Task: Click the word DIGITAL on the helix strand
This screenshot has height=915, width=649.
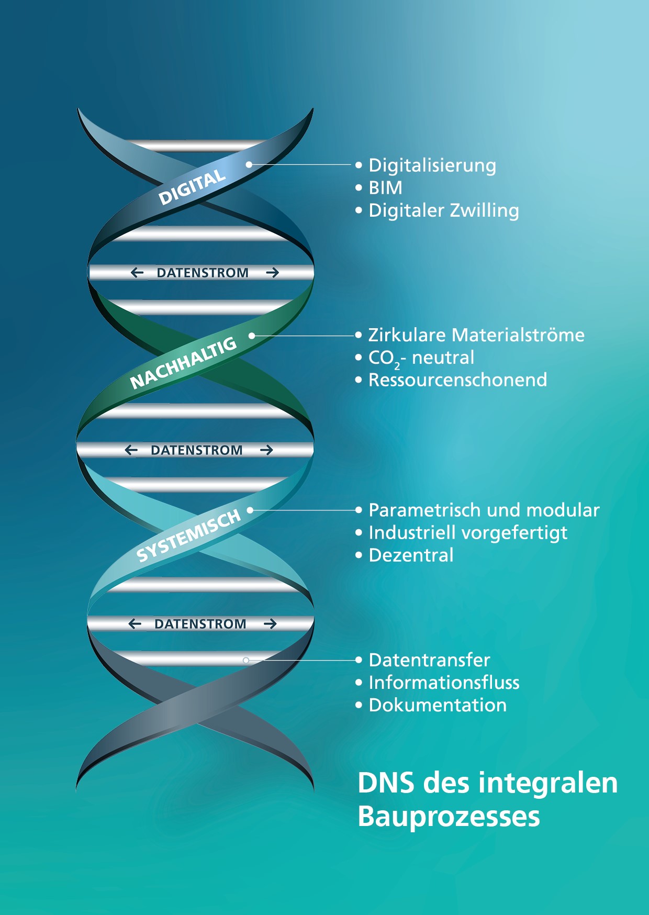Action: pos(192,187)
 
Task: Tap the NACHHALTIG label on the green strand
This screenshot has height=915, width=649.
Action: pos(183,363)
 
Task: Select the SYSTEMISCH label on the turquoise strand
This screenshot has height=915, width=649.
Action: pos(188,535)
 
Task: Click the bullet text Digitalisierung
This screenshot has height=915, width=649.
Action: pos(432,165)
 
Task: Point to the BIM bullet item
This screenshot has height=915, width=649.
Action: pos(386,187)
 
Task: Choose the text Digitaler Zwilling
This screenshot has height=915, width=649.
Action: pos(444,210)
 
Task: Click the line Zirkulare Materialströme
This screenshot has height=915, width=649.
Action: pos(476,335)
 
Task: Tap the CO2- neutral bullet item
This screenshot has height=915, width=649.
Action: pos(421,358)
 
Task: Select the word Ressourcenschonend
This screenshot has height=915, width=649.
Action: pos(457,380)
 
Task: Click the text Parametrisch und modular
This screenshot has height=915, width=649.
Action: pos(484,510)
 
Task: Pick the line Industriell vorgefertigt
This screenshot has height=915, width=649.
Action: pos(468,533)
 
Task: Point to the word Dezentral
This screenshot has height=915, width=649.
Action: pos(411,555)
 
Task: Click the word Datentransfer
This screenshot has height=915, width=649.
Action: pos(429,660)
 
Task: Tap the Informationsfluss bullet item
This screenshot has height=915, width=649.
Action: pos(444,683)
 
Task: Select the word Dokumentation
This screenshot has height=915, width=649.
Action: pos(438,705)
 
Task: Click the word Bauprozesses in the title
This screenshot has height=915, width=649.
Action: pos(449,817)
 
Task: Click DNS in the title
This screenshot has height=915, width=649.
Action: pos(386,783)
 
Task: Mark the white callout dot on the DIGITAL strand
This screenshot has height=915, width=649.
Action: pos(249,164)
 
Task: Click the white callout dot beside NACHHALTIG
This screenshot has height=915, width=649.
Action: pos(252,336)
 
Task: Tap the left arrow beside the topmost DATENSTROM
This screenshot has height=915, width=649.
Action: pos(137,273)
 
